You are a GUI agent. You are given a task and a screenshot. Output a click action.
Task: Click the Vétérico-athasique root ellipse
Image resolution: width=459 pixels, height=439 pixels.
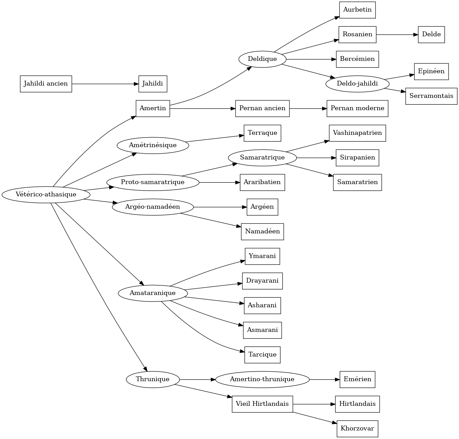[46, 195]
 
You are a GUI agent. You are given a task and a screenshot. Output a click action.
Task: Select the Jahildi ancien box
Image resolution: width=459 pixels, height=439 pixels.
[46, 84]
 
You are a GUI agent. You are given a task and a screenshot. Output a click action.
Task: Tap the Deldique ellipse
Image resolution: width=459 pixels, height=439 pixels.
[262, 59]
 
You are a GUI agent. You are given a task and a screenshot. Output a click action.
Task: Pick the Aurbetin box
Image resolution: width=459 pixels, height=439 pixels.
[357, 10]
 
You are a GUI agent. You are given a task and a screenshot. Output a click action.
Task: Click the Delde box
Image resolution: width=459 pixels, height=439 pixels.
[431, 35]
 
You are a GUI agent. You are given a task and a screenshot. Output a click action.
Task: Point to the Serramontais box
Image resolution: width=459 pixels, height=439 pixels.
[431, 96]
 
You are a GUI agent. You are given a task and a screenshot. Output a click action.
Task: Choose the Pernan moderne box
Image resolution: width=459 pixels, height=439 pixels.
[357, 108]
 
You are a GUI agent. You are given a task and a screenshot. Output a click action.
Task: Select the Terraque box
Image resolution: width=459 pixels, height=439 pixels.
[262, 133]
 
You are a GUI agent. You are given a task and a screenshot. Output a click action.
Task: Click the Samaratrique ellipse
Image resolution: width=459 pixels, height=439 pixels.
[262, 158]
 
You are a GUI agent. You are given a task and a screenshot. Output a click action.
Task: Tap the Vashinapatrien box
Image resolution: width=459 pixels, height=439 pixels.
[357, 133]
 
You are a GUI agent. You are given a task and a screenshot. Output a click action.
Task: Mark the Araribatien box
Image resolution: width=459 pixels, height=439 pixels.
[262, 182]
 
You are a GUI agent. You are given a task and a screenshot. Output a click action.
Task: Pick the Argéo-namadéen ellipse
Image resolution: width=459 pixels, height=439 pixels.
[153, 207]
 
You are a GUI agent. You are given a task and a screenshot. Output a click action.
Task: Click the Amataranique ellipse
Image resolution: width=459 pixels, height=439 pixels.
[153, 293]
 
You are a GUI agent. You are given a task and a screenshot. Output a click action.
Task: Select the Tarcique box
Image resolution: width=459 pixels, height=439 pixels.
[262, 355]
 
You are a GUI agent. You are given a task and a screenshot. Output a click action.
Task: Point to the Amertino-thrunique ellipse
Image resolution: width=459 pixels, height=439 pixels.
[262, 379]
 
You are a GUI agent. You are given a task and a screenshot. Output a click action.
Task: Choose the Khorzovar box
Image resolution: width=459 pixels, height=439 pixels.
[357, 429]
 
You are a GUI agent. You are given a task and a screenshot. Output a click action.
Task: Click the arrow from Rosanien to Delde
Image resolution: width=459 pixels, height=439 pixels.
[397, 35]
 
